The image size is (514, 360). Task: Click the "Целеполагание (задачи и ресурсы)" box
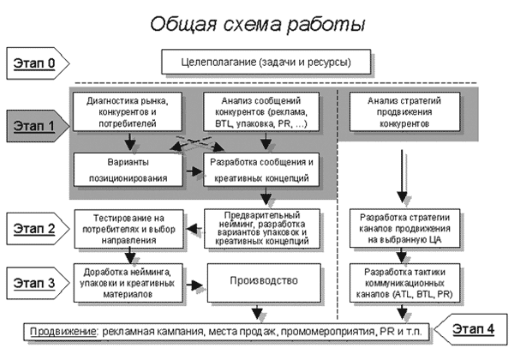[266, 63]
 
